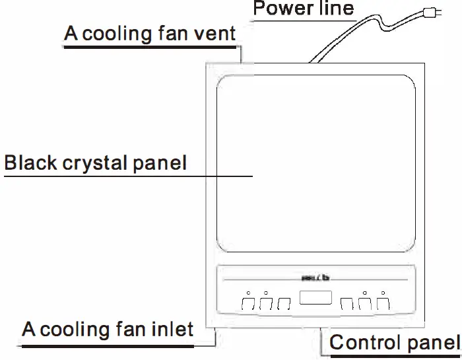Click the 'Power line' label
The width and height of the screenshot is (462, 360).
click(x=304, y=9)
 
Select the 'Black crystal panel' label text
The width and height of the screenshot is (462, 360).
click(x=96, y=162)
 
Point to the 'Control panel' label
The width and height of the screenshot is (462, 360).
click(x=395, y=343)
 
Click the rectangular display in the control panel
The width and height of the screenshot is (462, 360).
click(x=315, y=298)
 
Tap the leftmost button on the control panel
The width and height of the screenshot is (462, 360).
click(x=248, y=304)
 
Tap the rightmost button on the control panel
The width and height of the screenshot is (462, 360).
click(x=383, y=304)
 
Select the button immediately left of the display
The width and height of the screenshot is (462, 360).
click(x=284, y=304)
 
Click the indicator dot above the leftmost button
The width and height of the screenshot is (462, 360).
click(x=248, y=292)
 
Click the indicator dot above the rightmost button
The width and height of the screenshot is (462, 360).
click(x=383, y=292)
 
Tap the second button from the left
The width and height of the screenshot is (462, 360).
click(x=266, y=304)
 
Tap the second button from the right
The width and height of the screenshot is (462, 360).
click(x=365, y=304)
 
